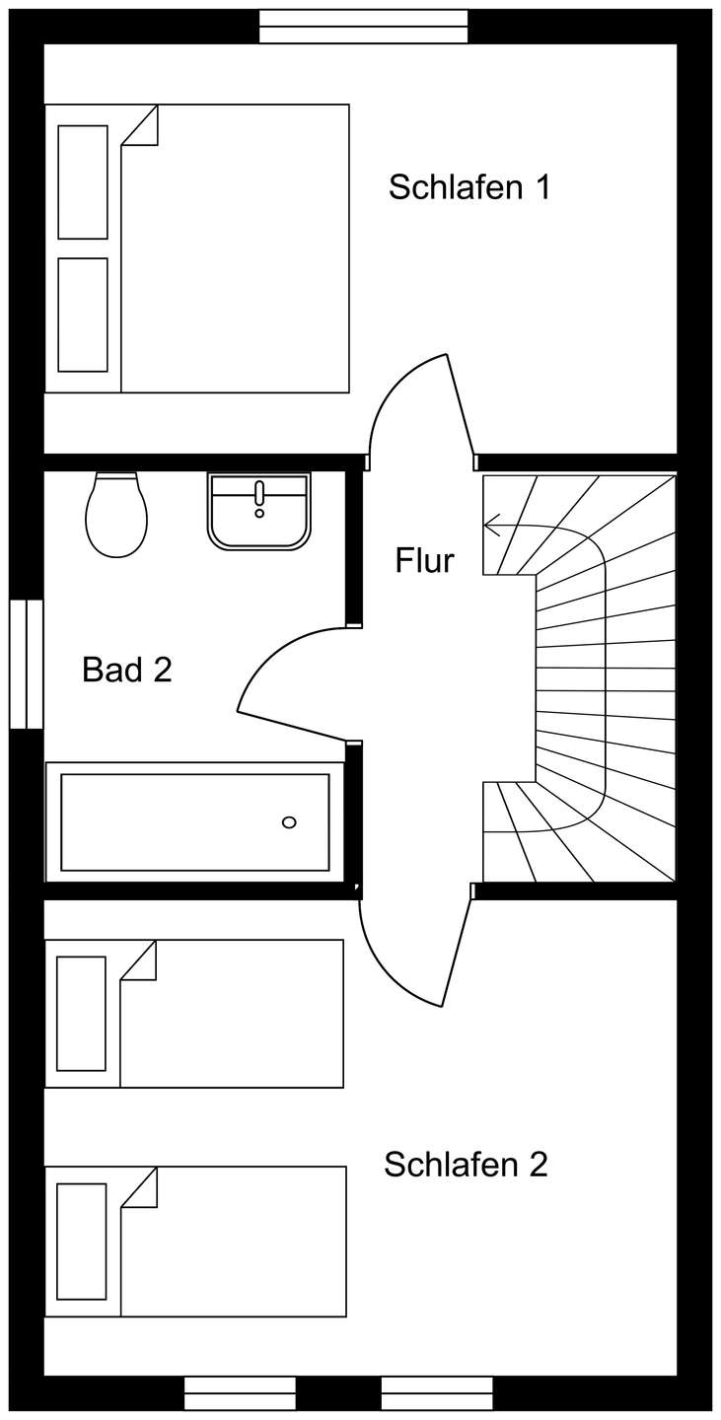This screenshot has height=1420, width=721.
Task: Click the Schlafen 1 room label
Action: click(x=469, y=187)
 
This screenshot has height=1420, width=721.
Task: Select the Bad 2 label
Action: click(x=127, y=670)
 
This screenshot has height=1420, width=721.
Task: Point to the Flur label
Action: click(x=425, y=560)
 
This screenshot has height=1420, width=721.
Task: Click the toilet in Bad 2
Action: click(x=116, y=515)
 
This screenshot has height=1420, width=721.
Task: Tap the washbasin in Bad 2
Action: click(x=259, y=511)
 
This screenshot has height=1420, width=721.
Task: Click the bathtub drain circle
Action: click(x=290, y=822)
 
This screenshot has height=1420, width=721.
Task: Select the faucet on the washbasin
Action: click(x=259, y=498)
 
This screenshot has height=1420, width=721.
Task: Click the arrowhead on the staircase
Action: click(x=492, y=525)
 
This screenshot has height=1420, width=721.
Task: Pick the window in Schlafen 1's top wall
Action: click(x=364, y=27)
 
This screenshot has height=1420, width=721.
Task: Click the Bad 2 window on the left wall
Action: click(x=27, y=664)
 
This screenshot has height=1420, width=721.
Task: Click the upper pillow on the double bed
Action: click(x=83, y=181)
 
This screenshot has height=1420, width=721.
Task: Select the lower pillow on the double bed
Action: click(x=83, y=315)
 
